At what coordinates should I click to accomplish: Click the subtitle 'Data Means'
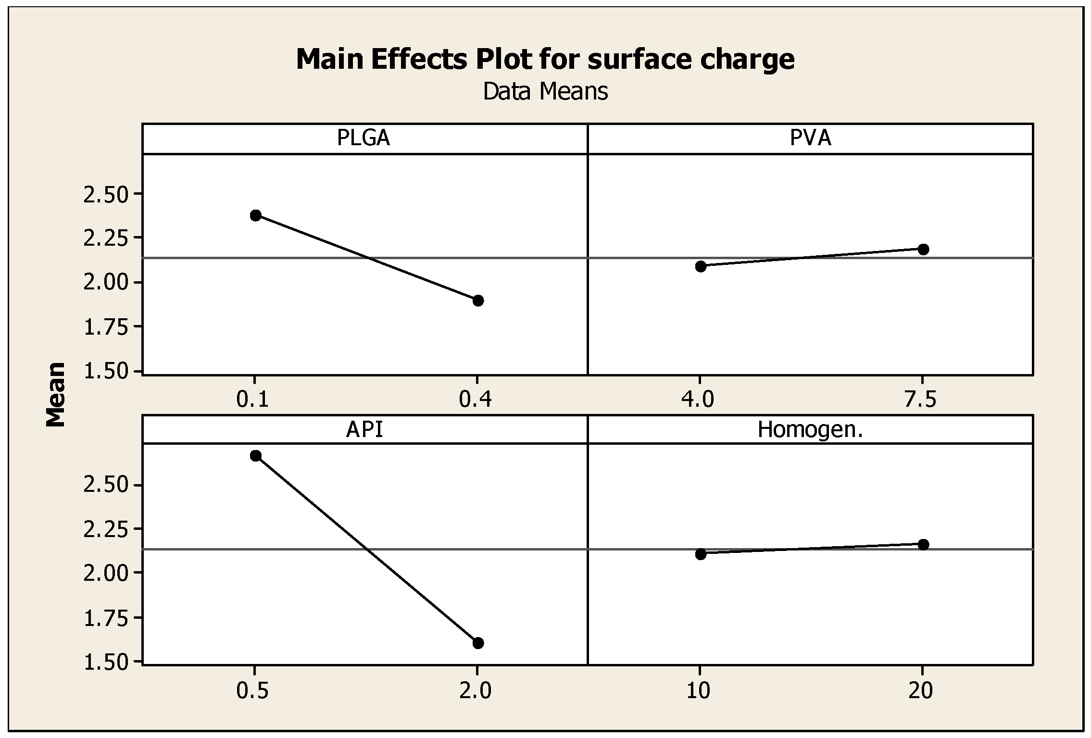pos(545,91)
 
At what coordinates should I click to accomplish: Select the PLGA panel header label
pos(364,138)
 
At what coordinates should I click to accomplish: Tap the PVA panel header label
pos(810,138)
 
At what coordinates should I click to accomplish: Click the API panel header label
pos(364,429)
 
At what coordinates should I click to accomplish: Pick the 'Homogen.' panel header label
pos(810,429)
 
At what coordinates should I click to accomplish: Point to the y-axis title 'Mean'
pos(56,394)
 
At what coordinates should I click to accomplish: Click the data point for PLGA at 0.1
pos(255,215)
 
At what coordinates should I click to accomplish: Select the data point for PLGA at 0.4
pos(478,300)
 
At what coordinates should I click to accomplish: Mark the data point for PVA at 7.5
pos(923,249)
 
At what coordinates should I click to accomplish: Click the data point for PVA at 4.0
pos(701,266)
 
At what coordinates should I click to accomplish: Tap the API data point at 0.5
pos(255,455)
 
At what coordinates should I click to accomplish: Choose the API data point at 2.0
pos(478,643)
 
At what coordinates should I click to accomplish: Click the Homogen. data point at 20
pos(923,544)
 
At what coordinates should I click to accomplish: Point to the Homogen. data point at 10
pos(701,554)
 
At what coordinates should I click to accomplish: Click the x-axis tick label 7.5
pos(921,400)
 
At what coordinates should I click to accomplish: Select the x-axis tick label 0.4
pos(476,400)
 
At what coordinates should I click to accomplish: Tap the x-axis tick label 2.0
pos(476,691)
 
